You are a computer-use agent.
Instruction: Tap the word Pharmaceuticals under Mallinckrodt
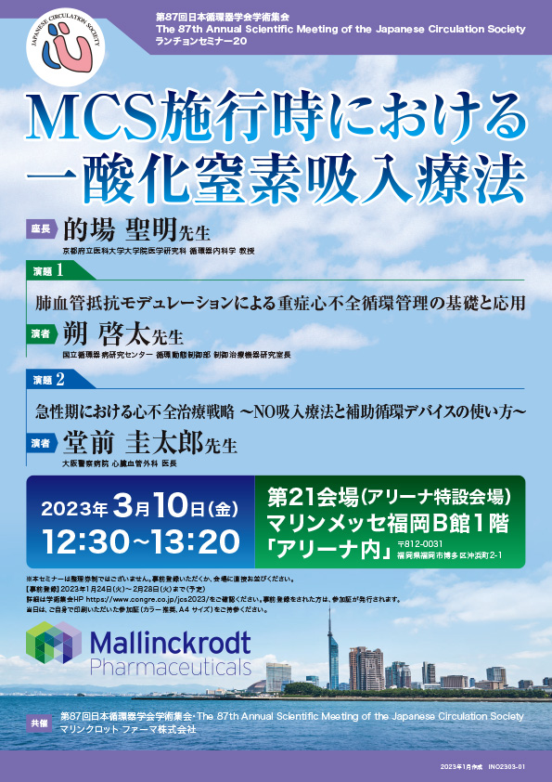point(170,666)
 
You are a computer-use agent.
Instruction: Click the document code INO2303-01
point(507,766)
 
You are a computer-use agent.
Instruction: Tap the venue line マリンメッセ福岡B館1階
point(389,522)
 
